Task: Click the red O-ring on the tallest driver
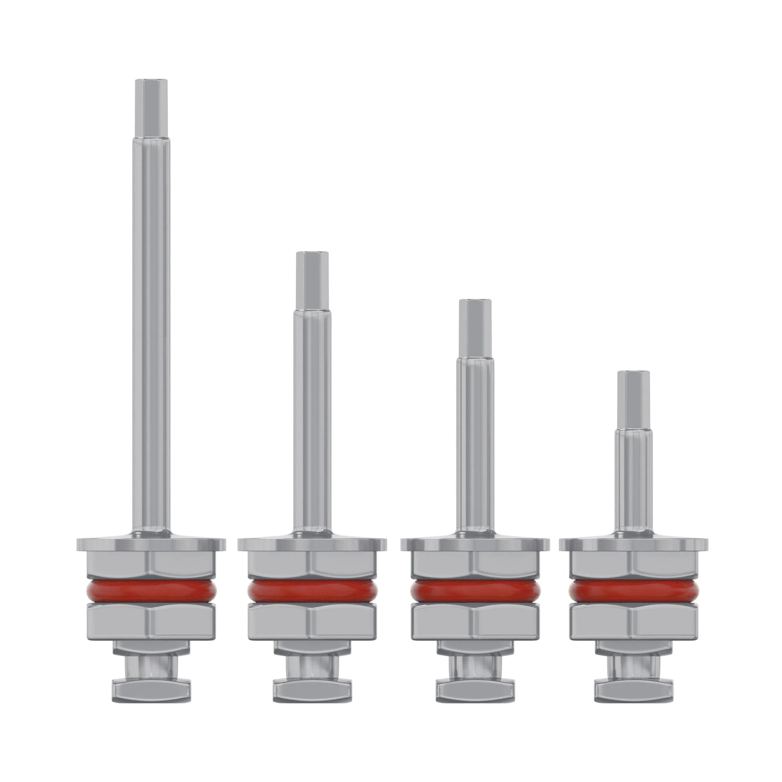[151, 601]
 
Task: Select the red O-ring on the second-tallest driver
[312, 601]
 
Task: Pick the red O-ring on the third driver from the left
[475, 601]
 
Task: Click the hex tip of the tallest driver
[151, 107]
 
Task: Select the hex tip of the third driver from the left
[475, 328]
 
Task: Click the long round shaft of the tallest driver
[151, 324]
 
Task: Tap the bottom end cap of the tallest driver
[151, 699]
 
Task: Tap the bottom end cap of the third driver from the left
[475, 699]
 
